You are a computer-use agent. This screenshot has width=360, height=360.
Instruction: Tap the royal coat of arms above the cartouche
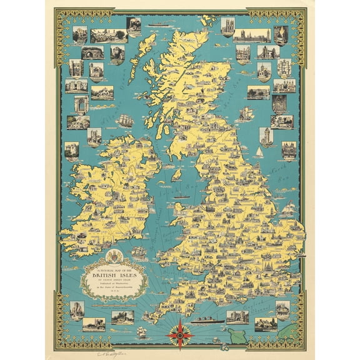[x=116, y=256]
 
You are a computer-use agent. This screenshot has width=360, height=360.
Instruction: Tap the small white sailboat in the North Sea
[x=259, y=152]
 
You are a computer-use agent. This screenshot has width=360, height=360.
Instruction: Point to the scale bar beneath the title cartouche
[x=116, y=299]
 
